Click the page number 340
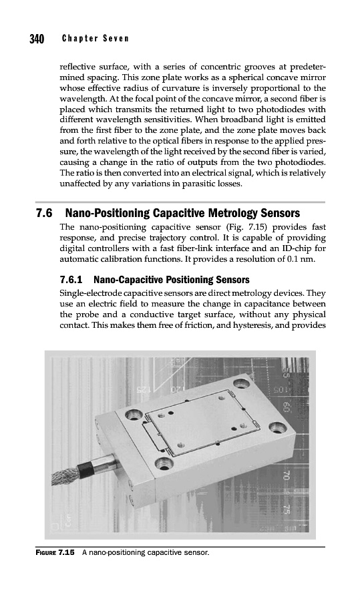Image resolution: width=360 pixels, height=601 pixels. (37, 39)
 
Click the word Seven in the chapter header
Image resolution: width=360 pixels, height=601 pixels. (116, 39)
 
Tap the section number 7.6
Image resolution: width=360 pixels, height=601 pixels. (44, 213)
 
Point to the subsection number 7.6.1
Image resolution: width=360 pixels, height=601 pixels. (72, 280)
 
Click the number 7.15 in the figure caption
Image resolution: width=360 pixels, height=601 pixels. (66, 553)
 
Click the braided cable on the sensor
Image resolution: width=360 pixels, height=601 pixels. (66, 475)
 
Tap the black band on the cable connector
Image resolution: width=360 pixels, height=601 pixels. (85, 467)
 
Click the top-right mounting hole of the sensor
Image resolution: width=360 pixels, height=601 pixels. (241, 383)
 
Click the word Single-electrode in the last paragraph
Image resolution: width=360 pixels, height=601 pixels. (89, 294)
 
